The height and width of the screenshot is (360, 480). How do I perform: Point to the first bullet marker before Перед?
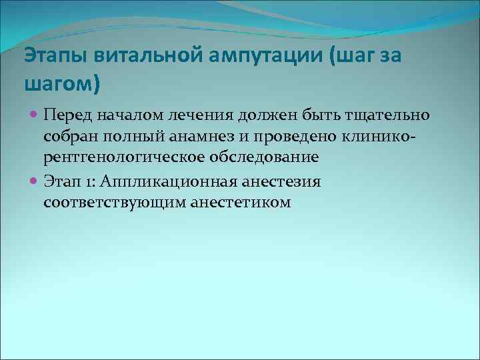pos(35,116)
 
